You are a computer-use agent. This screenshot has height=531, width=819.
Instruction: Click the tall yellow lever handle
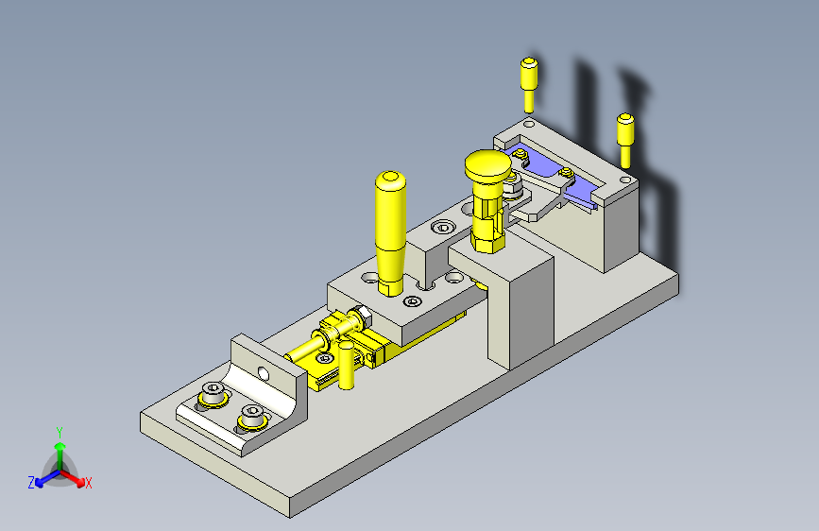point(390,232)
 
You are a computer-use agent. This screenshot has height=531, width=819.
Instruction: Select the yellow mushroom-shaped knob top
point(487,163)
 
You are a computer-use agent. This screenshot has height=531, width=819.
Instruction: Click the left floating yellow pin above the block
point(529,85)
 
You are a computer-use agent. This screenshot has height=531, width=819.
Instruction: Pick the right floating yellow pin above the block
point(625,140)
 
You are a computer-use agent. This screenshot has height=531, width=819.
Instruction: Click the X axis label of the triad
point(88,483)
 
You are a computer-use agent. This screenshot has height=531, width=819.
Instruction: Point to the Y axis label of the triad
point(60,433)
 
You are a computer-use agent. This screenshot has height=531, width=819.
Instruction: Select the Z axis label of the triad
point(31,483)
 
